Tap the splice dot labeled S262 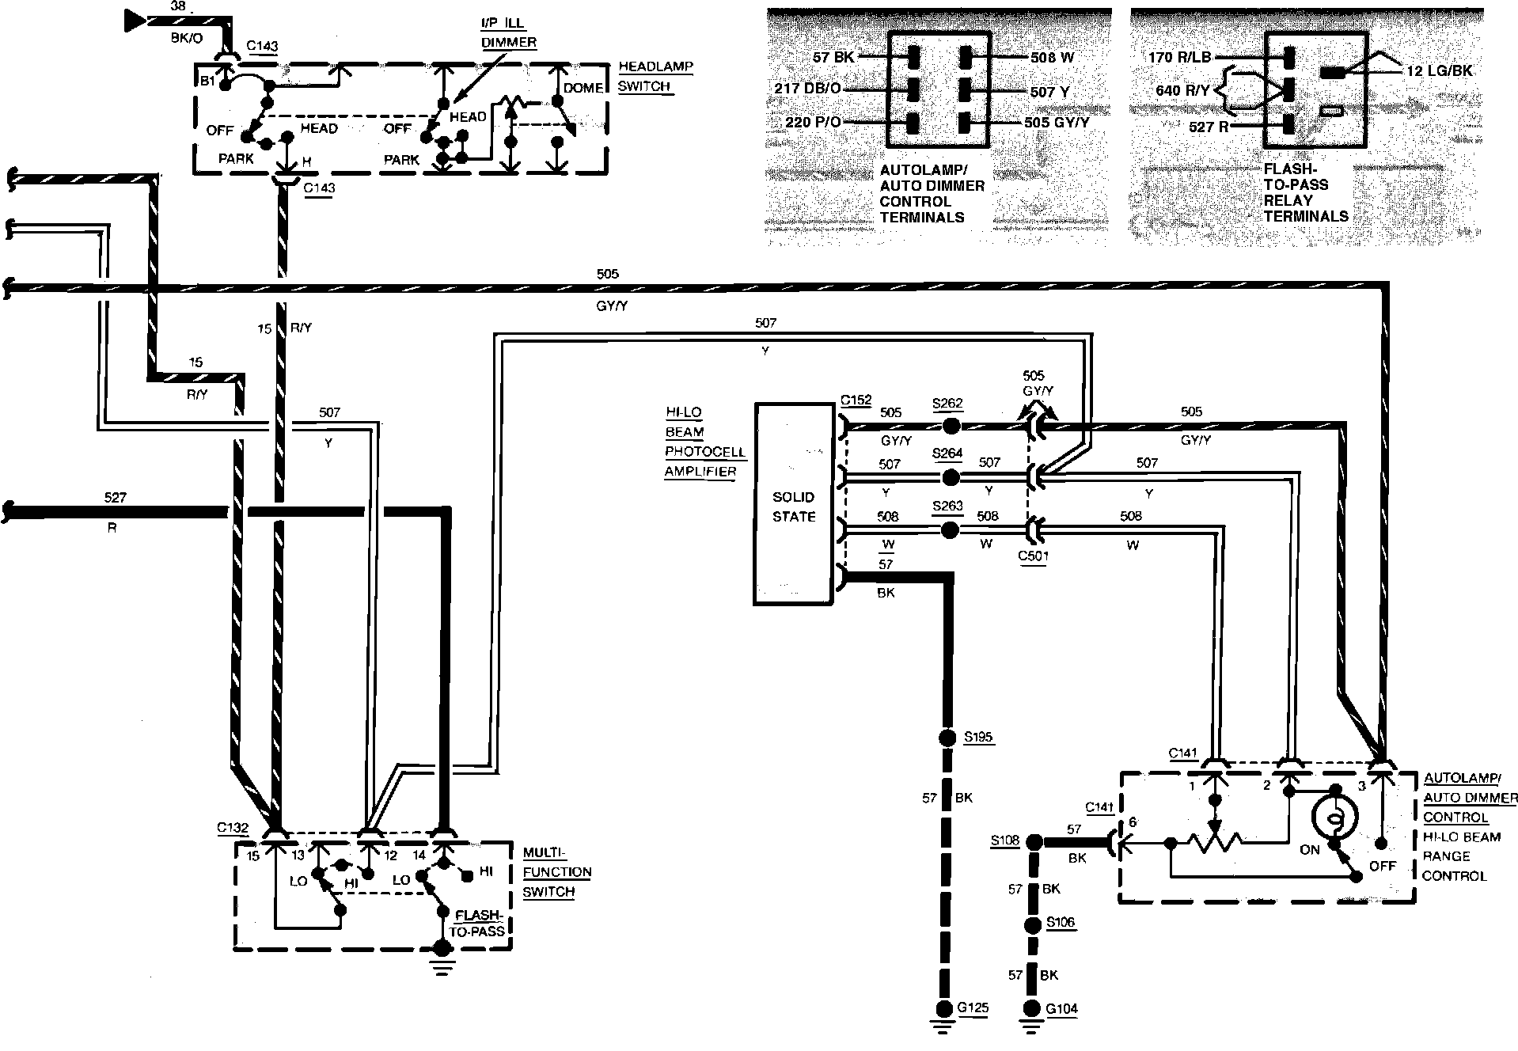(951, 426)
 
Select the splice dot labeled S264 (951, 477)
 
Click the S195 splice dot (945, 738)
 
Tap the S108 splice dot (1033, 842)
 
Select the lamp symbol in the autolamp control (1334, 817)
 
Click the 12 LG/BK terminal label (1440, 70)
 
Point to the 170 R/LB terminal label (1180, 57)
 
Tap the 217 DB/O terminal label (807, 89)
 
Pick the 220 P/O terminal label (813, 123)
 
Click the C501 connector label (1034, 556)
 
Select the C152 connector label (856, 400)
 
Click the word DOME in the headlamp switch (583, 88)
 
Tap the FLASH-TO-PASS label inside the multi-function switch (477, 922)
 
